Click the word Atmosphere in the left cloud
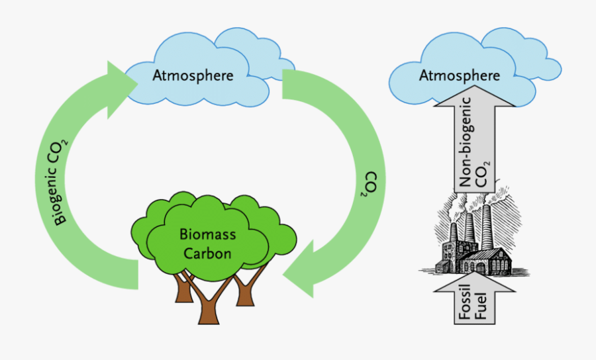tap(193, 75)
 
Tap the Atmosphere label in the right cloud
tap(460, 75)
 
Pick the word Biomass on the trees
tap(207, 235)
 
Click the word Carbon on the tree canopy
tap(207, 253)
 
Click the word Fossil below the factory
tap(466, 302)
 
